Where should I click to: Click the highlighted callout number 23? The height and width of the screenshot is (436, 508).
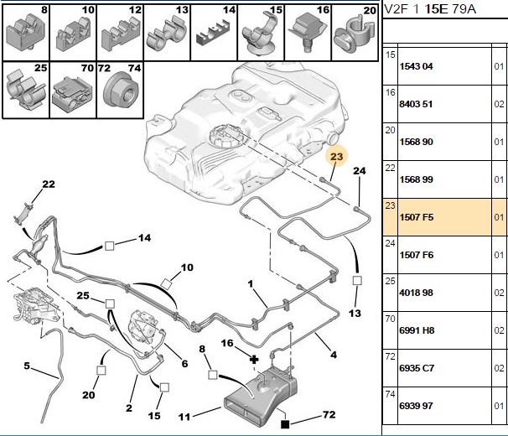click(x=337, y=157)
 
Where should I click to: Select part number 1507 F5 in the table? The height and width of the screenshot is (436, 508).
click(x=417, y=217)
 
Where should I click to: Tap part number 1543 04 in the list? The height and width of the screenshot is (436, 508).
click(x=417, y=66)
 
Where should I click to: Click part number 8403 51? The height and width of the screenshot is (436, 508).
click(x=416, y=104)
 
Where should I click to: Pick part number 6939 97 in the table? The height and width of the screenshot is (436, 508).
click(x=417, y=406)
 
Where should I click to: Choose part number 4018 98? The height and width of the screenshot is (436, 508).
click(x=417, y=293)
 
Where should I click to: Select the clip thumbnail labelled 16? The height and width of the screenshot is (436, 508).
click(x=308, y=32)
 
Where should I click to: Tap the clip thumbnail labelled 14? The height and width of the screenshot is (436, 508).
click(x=213, y=34)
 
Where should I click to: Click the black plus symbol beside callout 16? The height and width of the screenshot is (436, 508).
click(x=254, y=359)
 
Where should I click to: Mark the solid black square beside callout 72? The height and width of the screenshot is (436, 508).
click(x=285, y=424)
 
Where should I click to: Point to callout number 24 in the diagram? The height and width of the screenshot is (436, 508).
click(x=360, y=171)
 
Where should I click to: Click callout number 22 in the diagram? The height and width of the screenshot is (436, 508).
click(x=49, y=184)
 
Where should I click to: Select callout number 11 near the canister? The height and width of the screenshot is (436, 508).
click(x=184, y=417)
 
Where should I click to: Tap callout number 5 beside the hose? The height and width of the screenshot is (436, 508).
click(x=27, y=366)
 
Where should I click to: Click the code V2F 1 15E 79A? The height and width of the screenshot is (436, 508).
click(x=430, y=9)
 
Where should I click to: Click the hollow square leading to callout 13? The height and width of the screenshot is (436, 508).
click(x=357, y=280)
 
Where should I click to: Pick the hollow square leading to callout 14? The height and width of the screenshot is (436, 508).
click(x=110, y=246)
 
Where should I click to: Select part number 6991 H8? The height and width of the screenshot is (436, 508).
click(x=417, y=330)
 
